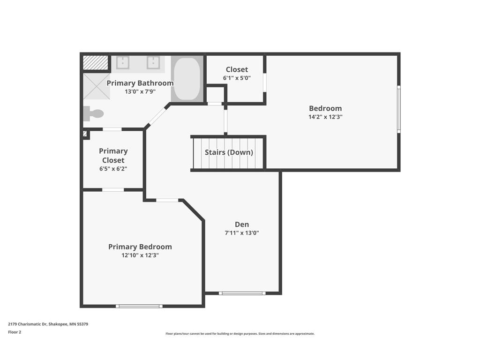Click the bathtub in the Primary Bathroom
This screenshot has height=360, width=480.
187,78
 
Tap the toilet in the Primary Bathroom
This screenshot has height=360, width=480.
94,113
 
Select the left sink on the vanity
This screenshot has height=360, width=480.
123,62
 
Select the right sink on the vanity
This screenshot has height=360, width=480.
153,62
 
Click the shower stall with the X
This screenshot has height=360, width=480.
97,86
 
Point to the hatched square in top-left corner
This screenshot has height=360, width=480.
96,63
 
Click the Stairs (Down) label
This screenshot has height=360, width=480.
229,152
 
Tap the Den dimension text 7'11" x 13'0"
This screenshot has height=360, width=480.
242,232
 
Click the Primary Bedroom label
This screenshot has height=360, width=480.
140,247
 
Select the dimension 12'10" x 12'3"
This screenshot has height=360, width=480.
140,255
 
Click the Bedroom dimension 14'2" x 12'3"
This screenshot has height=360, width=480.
325,117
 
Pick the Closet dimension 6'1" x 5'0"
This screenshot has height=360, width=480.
237,78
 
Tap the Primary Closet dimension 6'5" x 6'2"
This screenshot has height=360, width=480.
113,169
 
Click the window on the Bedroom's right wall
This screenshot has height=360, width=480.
399,109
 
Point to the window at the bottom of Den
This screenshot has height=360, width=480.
243,293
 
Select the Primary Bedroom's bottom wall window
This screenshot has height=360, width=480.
139,306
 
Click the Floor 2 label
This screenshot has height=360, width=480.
15,332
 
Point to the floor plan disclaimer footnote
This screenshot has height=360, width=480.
240,334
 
